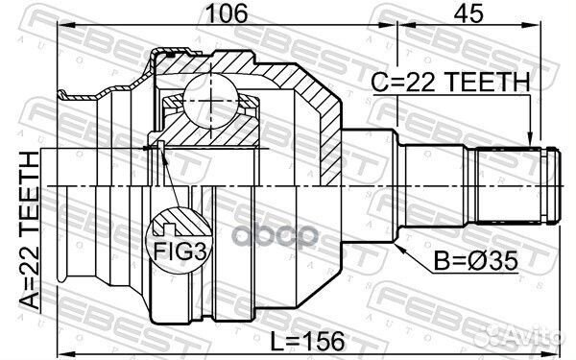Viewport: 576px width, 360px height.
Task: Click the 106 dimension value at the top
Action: (228, 13)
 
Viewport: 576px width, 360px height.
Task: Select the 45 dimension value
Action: (468, 13)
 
